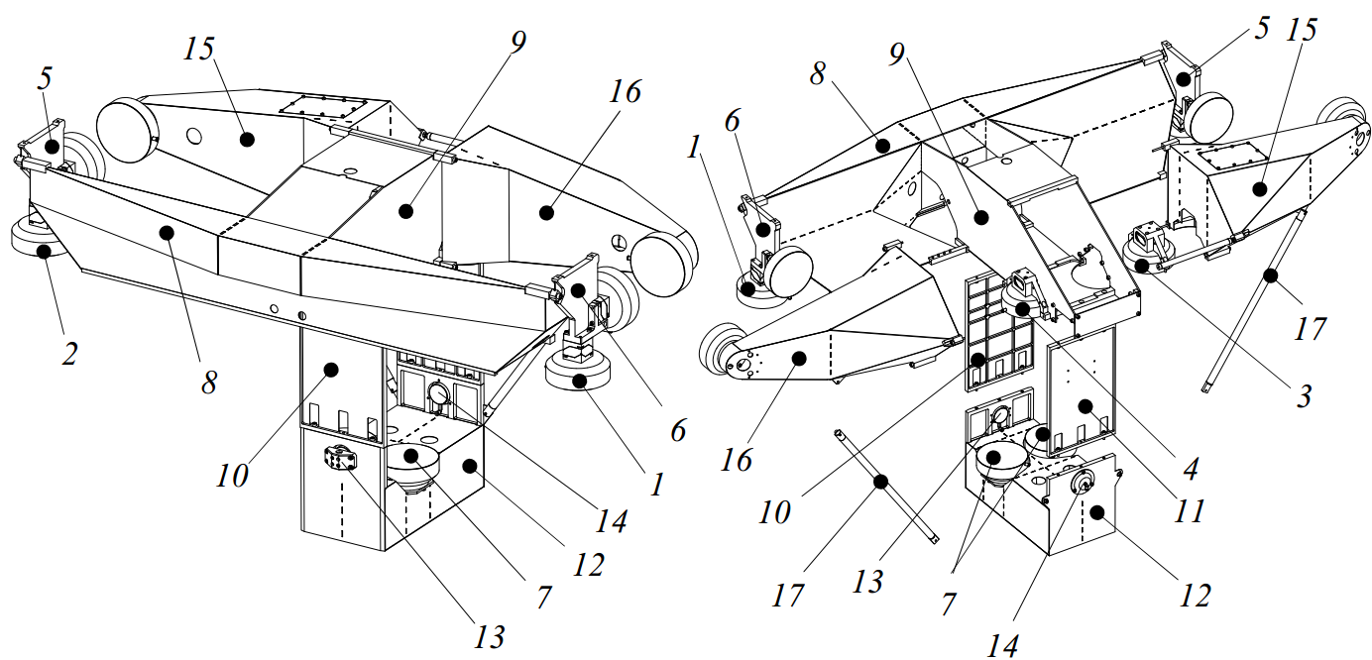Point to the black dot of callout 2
click(45, 251)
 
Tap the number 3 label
click(1303, 397)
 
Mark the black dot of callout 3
click(1142, 266)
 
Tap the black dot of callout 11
click(1086, 405)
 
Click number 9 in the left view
click(517, 42)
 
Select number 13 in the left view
click(489, 635)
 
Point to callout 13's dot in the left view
click(343, 458)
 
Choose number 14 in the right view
click(1001, 646)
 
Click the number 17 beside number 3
click(1309, 327)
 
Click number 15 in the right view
click(1303, 31)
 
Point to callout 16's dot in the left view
click(544, 210)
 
